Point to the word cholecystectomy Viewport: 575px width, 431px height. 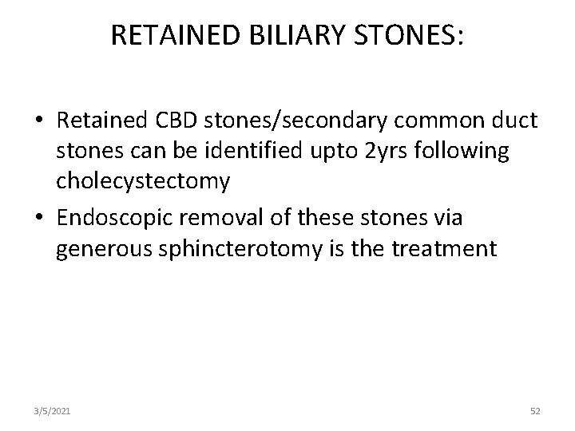pyautogui.click(x=143, y=181)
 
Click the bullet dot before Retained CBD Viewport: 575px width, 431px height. pyautogui.click(x=38, y=121)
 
